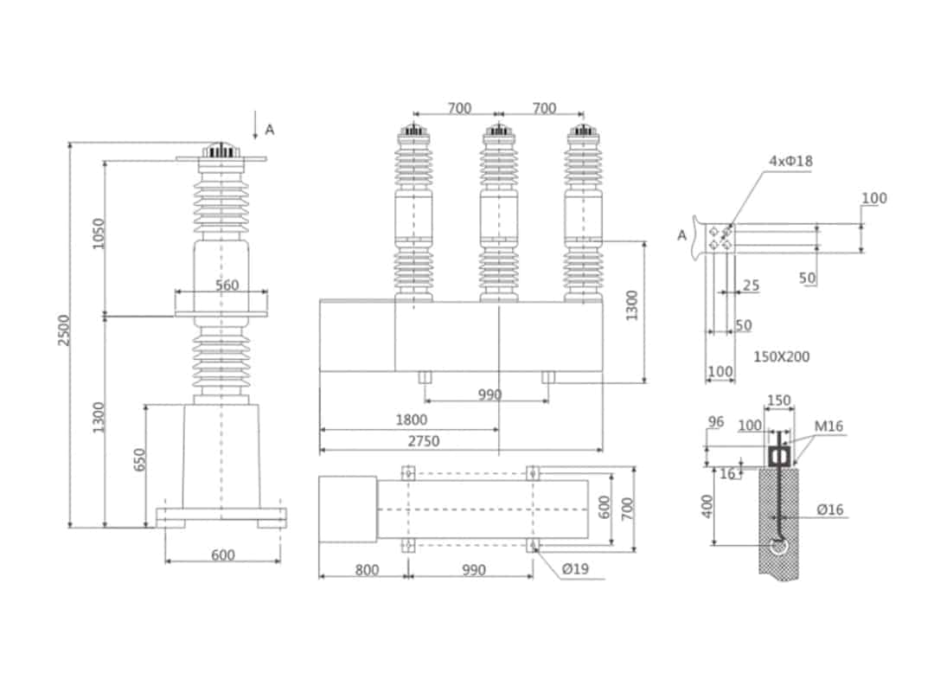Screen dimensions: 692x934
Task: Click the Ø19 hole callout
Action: [x=576, y=569]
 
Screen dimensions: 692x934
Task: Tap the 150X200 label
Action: [x=782, y=356]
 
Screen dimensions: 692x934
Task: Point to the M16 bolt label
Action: [x=828, y=426]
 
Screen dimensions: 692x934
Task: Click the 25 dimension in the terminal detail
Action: [x=751, y=285]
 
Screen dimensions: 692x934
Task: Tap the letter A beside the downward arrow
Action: [x=269, y=130]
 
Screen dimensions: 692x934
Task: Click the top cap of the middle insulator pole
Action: [x=499, y=132]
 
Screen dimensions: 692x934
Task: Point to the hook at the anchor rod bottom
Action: [x=779, y=546]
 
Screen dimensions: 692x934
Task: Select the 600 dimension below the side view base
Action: [x=222, y=555]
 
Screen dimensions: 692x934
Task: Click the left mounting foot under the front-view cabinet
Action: [x=425, y=377]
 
